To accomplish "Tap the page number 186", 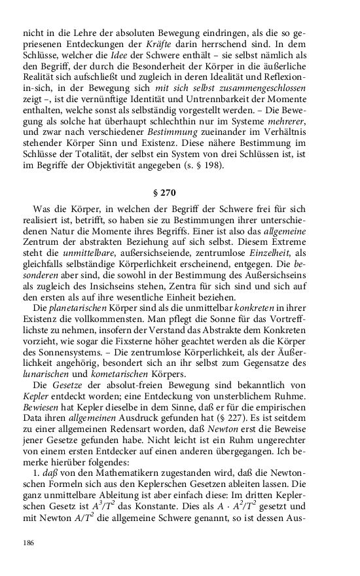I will (x=28, y=543).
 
